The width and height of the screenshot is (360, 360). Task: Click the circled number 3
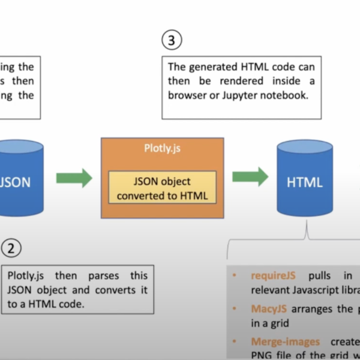(172, 41)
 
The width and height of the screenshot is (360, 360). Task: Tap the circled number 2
(11, 247)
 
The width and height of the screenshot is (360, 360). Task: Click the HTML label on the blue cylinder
(304, 182)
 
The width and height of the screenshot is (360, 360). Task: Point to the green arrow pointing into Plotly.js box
(74, 178)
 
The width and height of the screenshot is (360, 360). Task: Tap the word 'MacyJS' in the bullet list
(268, 309)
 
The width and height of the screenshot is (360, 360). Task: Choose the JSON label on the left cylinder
(15, 182)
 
